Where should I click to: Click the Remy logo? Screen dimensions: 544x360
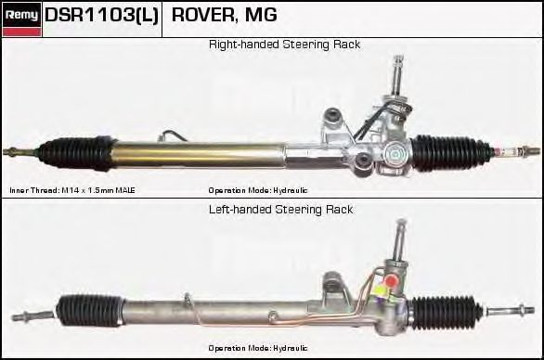[21, 19]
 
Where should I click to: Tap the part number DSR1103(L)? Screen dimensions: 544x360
[102, 15]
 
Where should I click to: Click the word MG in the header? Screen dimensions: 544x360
[261, 15]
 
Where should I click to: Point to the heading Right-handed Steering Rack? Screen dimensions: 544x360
[284, 45]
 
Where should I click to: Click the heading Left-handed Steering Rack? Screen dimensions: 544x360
[281, 210]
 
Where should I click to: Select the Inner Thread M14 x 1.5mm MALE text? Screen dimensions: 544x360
[72, 190]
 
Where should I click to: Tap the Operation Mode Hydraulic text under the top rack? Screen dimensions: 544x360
[258, 190]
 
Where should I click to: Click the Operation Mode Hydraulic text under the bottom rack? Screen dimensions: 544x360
[258, 348]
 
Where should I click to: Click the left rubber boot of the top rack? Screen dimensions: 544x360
[77, 154]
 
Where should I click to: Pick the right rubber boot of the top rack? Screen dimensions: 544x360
[451, 153]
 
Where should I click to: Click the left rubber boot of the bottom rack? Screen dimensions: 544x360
[90, 311]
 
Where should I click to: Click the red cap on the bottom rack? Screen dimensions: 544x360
[391, 279]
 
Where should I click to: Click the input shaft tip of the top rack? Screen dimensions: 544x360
[398, 58]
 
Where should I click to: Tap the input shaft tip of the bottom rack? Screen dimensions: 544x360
[401, 222]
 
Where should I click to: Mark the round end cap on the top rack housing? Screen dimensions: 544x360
[396, 154]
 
